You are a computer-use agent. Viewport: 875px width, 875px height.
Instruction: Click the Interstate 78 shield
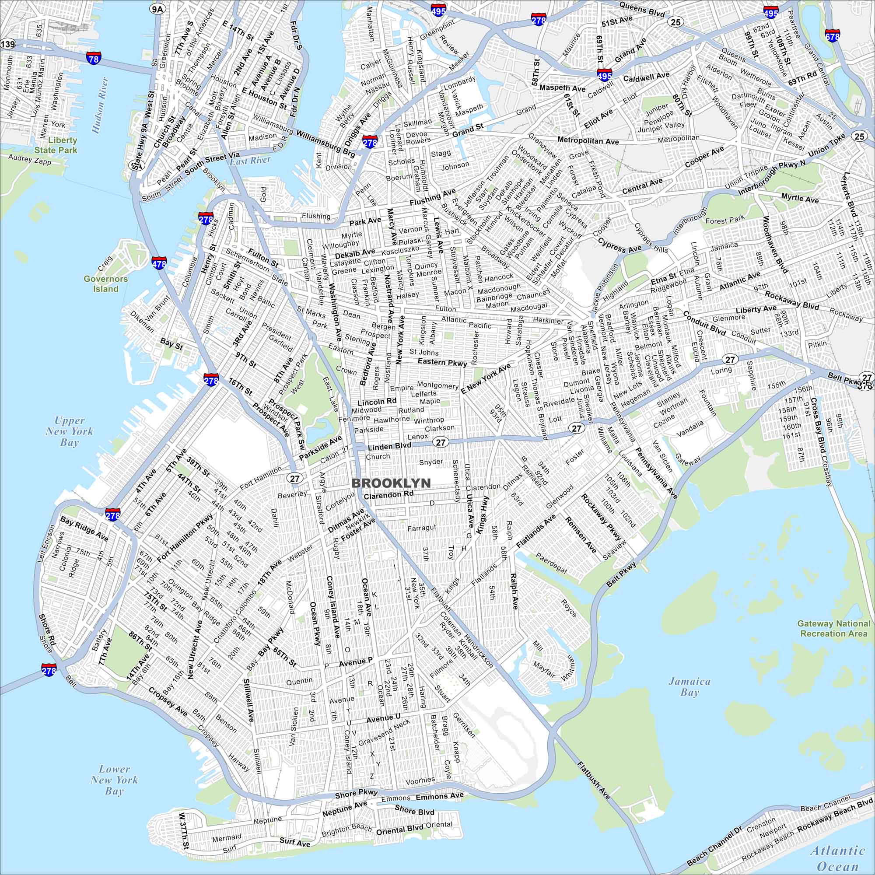[94, 58]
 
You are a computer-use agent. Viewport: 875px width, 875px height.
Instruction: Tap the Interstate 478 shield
[159, 262]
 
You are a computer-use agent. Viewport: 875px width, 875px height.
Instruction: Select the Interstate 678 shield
[833, 35]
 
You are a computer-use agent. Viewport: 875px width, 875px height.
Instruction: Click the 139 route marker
[8, 44]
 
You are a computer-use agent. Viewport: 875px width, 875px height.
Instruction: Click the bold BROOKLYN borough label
[391, 483]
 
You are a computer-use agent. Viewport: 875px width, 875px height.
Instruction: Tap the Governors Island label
[105, 283]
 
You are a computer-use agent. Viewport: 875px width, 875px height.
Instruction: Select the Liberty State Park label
[56, 145]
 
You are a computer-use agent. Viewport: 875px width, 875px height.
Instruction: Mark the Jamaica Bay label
[690, 686]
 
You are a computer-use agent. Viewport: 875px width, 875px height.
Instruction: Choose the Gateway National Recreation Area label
[834, 628]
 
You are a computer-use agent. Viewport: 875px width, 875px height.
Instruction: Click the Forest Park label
[725, 220]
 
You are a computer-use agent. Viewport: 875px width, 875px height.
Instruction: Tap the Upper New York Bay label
[69, 431]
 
